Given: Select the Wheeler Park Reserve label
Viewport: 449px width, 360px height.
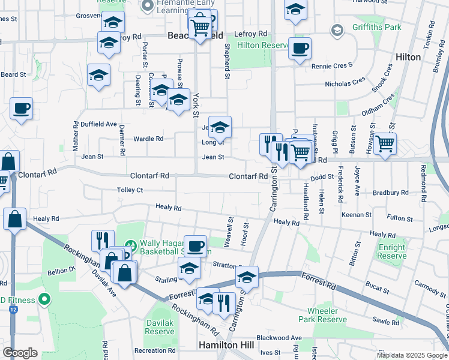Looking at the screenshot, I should (327, 315).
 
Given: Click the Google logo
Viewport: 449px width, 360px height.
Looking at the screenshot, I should (20, 352).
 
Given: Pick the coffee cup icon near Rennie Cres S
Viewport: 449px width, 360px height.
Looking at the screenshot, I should (300, 48).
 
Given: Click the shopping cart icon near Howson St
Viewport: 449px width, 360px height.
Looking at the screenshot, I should (385, 143).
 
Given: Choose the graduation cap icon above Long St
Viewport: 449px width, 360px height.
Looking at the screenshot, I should (220, 126).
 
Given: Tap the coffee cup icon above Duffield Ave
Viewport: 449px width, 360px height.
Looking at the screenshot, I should (21, 108).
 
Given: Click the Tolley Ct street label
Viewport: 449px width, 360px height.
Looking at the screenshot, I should (130, 190).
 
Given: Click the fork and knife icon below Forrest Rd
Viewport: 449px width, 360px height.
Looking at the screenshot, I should (224, 304).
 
